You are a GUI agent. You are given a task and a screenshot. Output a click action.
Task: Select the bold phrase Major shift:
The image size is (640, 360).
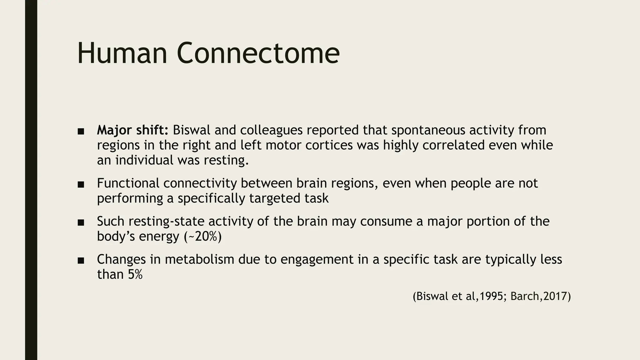click(x=132, y=130)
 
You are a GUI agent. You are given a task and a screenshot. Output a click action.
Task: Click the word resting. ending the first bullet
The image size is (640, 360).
click(x=226, y=160)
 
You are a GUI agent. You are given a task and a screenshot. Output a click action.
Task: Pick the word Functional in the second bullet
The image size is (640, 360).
click(x=128, y=183)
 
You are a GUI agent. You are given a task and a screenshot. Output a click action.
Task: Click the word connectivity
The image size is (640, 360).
click(x=200, y=183)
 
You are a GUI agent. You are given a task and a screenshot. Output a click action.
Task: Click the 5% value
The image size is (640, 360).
click(x=135, y=274)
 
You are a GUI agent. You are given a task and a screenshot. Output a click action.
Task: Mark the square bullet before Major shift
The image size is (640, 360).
click(x=81, y=131)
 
